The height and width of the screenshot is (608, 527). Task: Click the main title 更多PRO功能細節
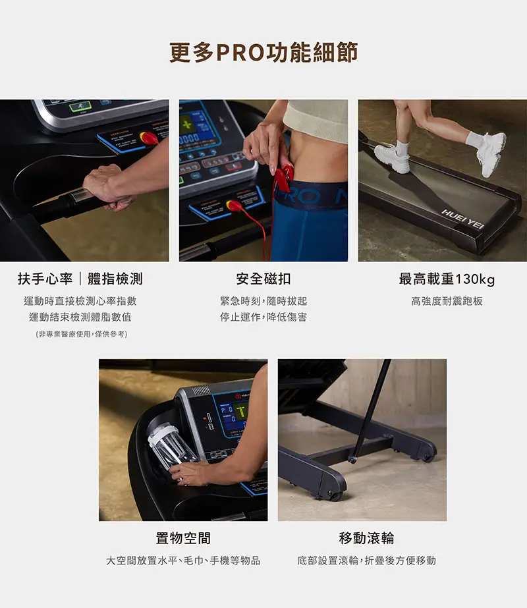[263, 53]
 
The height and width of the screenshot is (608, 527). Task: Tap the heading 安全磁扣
[263, 279]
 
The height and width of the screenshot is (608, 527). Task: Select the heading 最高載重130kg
[447, 279]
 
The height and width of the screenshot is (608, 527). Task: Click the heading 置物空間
[183, 538]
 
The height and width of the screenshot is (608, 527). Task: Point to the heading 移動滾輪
[366, 538]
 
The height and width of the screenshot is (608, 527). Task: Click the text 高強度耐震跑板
[447, 301]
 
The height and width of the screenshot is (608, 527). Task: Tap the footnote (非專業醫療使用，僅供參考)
[82, 334]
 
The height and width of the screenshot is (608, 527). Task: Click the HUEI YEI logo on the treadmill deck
[462, 219]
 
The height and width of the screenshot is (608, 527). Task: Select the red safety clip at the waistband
[283, 177]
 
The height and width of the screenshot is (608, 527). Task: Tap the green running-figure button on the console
[80, 106]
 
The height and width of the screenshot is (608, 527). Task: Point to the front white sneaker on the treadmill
[491, 153]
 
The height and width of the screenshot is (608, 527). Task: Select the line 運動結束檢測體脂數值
[80, 318]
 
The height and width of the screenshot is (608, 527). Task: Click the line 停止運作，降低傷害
[263, 318]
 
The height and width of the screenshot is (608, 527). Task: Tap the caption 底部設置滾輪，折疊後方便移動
[366, 561]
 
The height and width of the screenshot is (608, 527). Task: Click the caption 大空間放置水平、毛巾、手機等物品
[183, 561]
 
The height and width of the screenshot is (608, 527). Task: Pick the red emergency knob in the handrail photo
[148, 137]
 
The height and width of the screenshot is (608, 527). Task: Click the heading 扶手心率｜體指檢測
[80, 279]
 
